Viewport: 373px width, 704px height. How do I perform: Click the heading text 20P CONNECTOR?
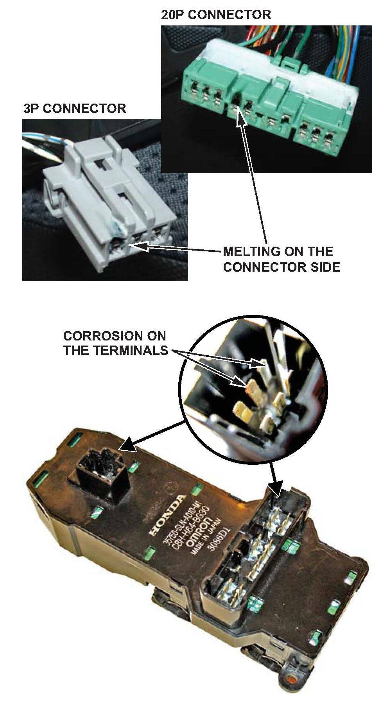click(x=216, y=15)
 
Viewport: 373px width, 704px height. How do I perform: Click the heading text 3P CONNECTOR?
click(x=75, y=108)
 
